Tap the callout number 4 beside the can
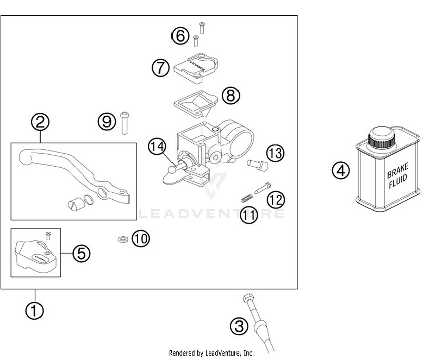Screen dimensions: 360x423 pos(341,170)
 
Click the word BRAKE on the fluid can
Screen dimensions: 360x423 pos(397,170)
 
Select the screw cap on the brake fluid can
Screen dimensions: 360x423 pos(382,137)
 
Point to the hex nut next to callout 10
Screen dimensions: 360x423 pos(123,239)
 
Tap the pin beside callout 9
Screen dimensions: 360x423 pos(124,123)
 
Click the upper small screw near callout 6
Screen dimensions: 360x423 pos(202,28)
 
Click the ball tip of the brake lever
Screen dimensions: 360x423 pos(24,157)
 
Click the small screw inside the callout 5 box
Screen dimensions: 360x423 pos(48,235)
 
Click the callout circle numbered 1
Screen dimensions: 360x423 pos(34,311)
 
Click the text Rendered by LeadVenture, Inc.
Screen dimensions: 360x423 pos(211,353)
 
